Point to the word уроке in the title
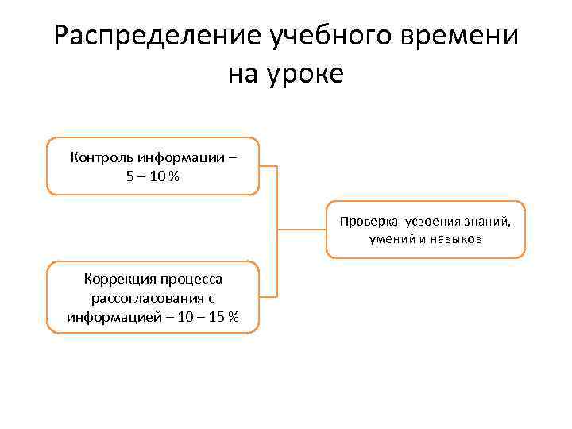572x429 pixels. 307,75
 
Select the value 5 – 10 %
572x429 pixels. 153,176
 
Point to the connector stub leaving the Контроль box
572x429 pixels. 268,166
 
